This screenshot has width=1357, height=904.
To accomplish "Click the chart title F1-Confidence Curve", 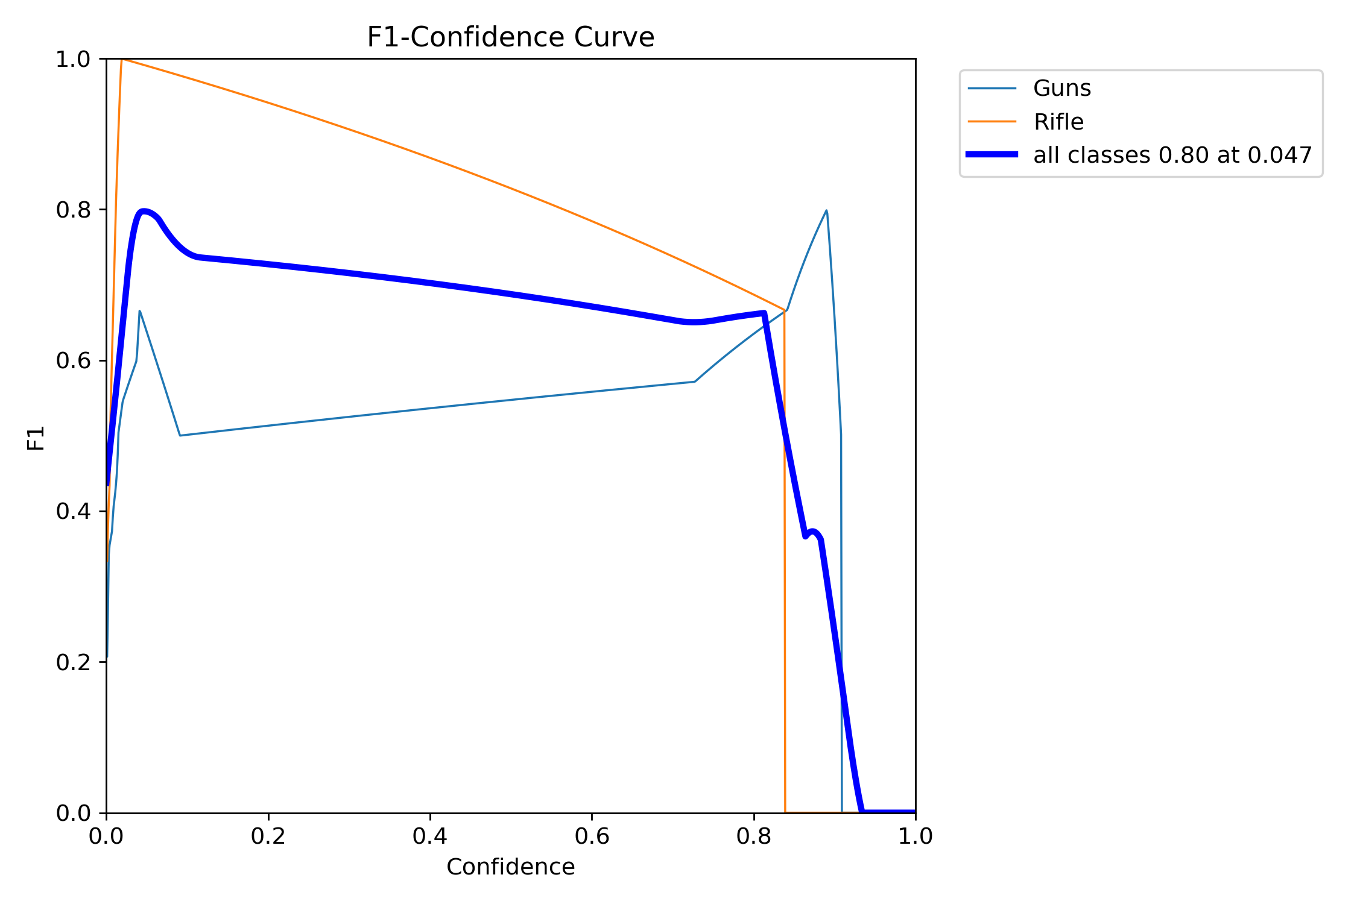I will (510, 37).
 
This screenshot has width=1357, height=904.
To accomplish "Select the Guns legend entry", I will (1061, 89).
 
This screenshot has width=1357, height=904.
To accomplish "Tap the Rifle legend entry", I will (1058, 122).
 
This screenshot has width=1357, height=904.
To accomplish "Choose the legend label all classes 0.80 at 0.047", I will (1172, 155).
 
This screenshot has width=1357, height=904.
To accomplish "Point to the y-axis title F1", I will (36, 438).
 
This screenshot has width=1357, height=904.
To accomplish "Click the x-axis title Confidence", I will (510, 867).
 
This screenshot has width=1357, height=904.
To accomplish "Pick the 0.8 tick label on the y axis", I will (73, 210).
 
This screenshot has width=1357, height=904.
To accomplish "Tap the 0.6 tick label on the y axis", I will (73, 360).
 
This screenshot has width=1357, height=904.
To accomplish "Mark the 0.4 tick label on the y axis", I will (73, 511).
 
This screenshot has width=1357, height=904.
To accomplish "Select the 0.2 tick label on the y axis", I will (73, 662).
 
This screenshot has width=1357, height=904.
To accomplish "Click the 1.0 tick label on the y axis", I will (73, 59).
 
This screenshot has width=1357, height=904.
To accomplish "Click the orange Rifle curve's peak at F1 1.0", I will (122, 59).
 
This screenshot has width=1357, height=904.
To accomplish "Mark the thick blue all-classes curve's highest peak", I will (143, 211).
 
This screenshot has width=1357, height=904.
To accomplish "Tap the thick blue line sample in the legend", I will (992, 155).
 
